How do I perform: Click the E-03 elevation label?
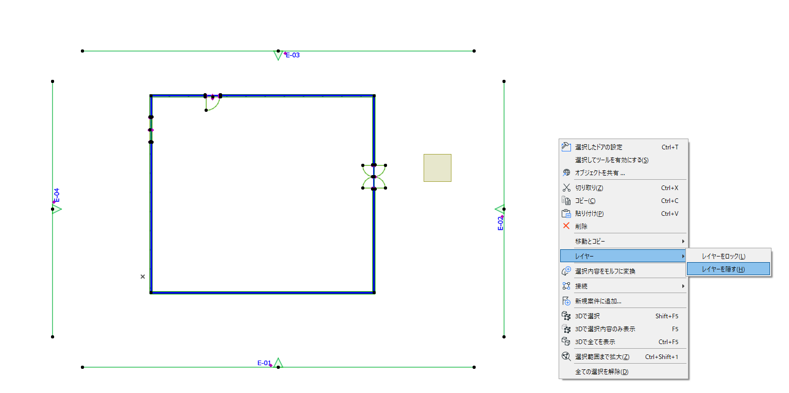point(292,55)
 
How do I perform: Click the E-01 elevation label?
point(264,363)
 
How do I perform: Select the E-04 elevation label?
point(57,195)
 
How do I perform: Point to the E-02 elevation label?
point(500,223)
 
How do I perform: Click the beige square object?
point(438,168)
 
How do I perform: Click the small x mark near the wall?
point(143,277)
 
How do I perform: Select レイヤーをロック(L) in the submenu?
point(724,257)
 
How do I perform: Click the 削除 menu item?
point(581,227)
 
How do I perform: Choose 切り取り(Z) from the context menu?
point(589,188)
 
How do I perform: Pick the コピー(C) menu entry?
point(585,201)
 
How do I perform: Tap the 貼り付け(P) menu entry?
point(589,214)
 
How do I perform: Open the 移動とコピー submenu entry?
point(590,242)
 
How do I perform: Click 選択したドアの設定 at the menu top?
point(599,147)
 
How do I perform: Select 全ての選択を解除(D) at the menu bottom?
point(601,372)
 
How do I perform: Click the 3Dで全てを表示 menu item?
point(595,342)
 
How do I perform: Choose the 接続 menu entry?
point(581,286)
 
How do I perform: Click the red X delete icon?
point(566,226)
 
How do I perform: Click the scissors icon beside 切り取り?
point(566,187)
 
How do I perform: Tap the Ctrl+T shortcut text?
point(669,147)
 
